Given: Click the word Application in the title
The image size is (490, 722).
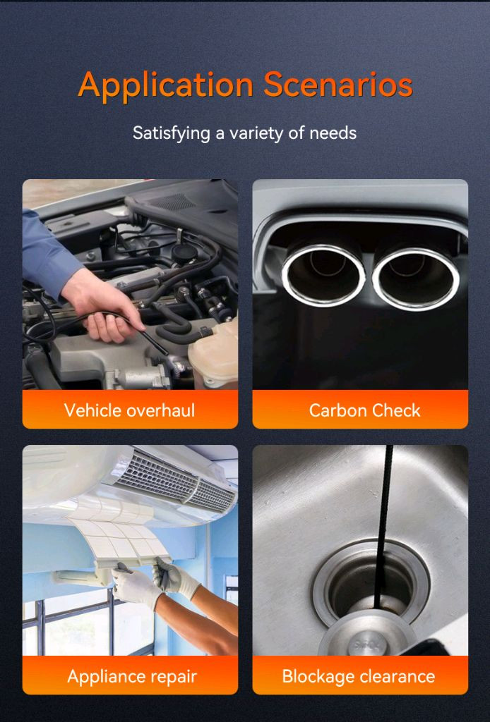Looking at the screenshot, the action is click(x=166, y=85).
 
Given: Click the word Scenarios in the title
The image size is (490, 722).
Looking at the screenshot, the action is click(x=338, y=85).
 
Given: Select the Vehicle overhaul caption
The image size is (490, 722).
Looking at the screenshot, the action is click(x=129, y=410).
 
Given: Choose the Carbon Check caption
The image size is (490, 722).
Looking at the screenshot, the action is click(x=364, y=410).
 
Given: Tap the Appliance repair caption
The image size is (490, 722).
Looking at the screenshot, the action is click(x=132, y=676).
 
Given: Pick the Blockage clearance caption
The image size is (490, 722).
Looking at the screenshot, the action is click(x=359, y=676).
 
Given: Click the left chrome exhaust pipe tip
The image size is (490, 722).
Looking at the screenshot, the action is click(x=323, y=276).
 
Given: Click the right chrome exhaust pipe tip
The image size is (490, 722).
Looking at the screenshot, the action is click(x=416, y=278).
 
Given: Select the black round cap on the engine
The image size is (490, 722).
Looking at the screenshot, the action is click(x=184, y=253).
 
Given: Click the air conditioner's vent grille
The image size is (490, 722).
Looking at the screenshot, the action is click(x=174, y=481).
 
